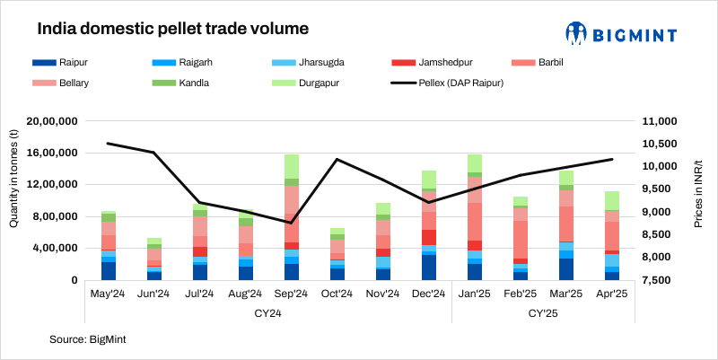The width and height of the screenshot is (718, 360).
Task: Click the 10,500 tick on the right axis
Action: click(x=661, y=145)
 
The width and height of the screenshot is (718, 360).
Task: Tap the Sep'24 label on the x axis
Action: click(x=291, y=293)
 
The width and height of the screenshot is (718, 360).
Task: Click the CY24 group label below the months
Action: click(x=267, y=313)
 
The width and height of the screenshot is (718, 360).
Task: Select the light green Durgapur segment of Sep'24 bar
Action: click(x=291, y=166)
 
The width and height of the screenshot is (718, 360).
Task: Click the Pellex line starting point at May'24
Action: click(x=108, y=144)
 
